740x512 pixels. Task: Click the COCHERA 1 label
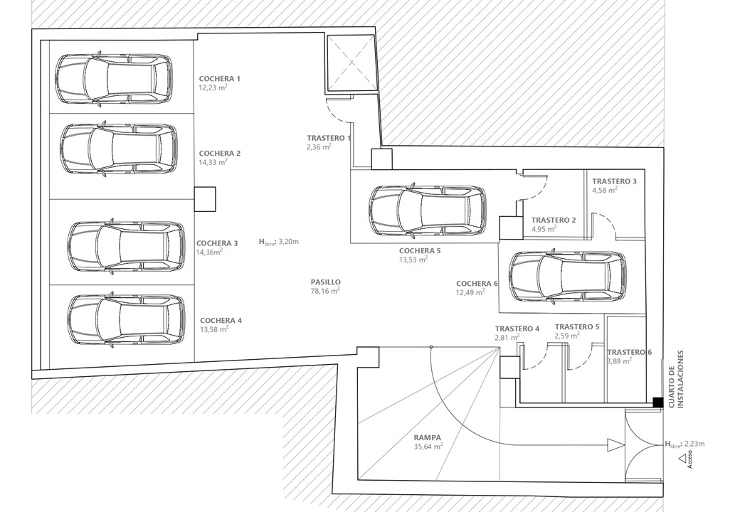(219, 79)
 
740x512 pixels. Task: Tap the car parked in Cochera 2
(119, 149)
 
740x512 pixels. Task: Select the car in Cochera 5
(428, 210)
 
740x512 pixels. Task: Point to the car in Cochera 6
(569, 276)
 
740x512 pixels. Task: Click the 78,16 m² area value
(325, 291)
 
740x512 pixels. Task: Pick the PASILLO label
(325, 282)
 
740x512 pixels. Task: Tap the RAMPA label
(428, 437)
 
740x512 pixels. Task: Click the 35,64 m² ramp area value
(428, 446)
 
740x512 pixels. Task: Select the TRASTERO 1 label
(329, 138)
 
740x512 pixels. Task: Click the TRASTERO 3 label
(615, 181)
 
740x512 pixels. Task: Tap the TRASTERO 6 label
(630, 352)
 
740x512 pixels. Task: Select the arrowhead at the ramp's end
(616, 444)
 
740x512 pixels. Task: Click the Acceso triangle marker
(682, 458)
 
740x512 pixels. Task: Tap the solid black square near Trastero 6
(658, 402)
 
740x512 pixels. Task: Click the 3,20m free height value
(289, 241)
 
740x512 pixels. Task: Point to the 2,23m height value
(694, 443)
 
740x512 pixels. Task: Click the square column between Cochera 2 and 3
(205, 199)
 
